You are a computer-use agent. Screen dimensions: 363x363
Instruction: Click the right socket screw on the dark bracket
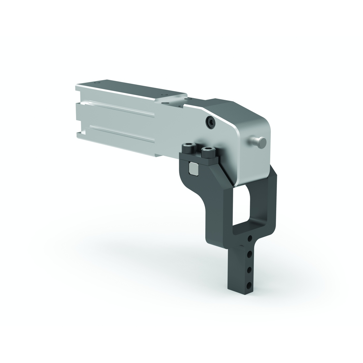click(x=208, y=152)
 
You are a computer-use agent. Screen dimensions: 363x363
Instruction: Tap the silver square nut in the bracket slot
click(x=193, y=169)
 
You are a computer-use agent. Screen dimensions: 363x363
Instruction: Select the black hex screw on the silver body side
click(x=210, y=123)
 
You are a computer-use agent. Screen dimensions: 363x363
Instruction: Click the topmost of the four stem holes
click(x=250, y=238)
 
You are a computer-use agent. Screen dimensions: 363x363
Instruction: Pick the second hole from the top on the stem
click(x=249, y=254)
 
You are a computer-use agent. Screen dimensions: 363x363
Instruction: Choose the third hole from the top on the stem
click(x=249, y=270)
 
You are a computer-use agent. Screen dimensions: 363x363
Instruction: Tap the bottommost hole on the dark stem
click(x=249, y=285)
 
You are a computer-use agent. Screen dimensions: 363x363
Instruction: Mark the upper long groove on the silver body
click(x=121, y=108)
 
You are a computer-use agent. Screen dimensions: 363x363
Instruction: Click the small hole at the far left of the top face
click(x=96, y=82)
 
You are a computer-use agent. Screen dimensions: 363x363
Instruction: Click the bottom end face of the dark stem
click(x=240, y=291)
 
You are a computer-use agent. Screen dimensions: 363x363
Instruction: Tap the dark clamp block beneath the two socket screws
click(x=198, y=159)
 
